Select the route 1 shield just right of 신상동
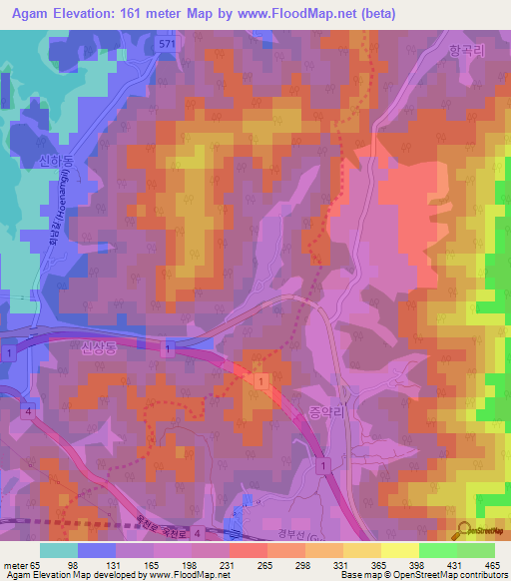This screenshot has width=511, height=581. (x=169, y=347)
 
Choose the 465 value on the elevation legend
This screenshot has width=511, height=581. (x=492, y=565)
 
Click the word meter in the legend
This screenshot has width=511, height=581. (x=13, y=565)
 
